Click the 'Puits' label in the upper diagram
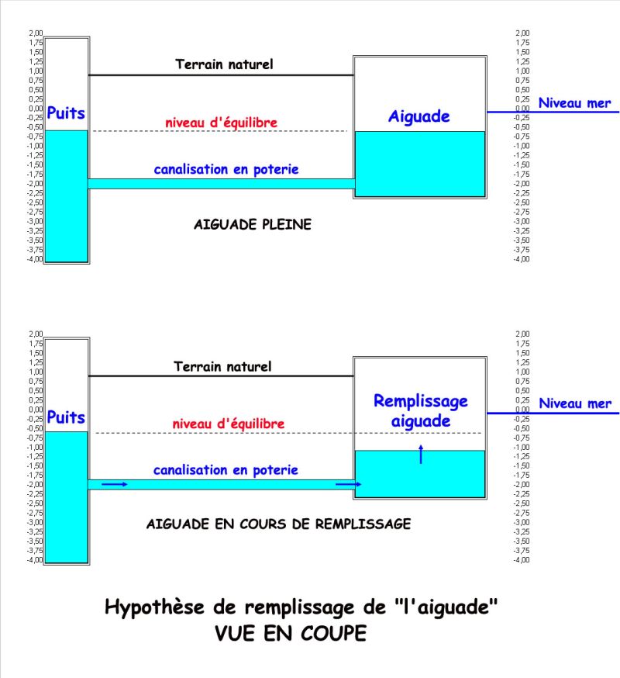pyautogui.click(x=66, y=113)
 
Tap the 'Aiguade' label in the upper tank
pyautogui.click(x=418, y=116)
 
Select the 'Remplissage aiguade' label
pyautogui.click(x=420, y=410)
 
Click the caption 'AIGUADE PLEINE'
pyautogui.click(x=252, y=225)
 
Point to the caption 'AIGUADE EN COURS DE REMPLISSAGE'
pyautogui.click(x=278, y=524)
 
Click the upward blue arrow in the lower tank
pyautogui.click(x=420, y=454)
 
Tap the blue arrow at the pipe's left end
pyautogui.click(x=115, y=484)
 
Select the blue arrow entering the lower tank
pyautogui.click(x=348, y=484)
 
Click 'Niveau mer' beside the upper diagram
pyautogui.click(x=574, y=102)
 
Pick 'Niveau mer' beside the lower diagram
pyautogui.click(x=574, y=403)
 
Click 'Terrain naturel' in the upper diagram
pyautogui.click(x=224, y=64)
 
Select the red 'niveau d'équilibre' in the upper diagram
pyautogui.click(x=221, y=123)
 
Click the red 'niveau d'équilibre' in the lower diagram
pyautogui.click(x=228, y=424)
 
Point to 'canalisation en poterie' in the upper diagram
pyautogui.click(x=226, y=169)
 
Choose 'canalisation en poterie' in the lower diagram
pyautogui.click(x=226, y=470)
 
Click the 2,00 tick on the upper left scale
pyautogui.click(x=36, y=33)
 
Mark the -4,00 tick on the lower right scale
pyautogui.click(x=522, y=560)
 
